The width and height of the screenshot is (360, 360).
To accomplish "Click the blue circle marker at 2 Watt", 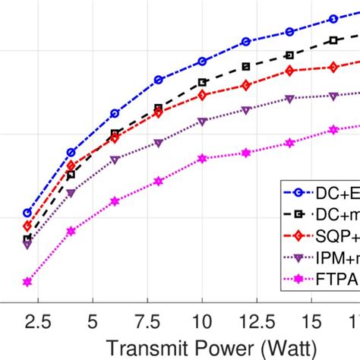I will pos(27,213).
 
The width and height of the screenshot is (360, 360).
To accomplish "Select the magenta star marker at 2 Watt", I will pos(27,282).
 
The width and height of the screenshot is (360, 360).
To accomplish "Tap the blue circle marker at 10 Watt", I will pos(202,61).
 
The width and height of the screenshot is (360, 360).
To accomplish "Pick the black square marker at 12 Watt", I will pos(245,67).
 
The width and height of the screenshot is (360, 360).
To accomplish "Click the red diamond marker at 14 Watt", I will pos(289,71).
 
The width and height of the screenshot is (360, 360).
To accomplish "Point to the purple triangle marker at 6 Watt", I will pos(115,159).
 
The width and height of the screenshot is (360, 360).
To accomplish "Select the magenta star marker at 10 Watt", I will pos(202,159).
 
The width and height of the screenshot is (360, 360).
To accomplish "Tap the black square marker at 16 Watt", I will pos(333,40).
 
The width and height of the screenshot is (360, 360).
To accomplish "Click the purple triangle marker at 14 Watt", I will pos(289,99).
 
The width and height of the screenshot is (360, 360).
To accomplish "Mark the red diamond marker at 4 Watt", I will pos(71,165).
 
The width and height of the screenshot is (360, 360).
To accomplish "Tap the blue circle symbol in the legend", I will pos(298,190).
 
